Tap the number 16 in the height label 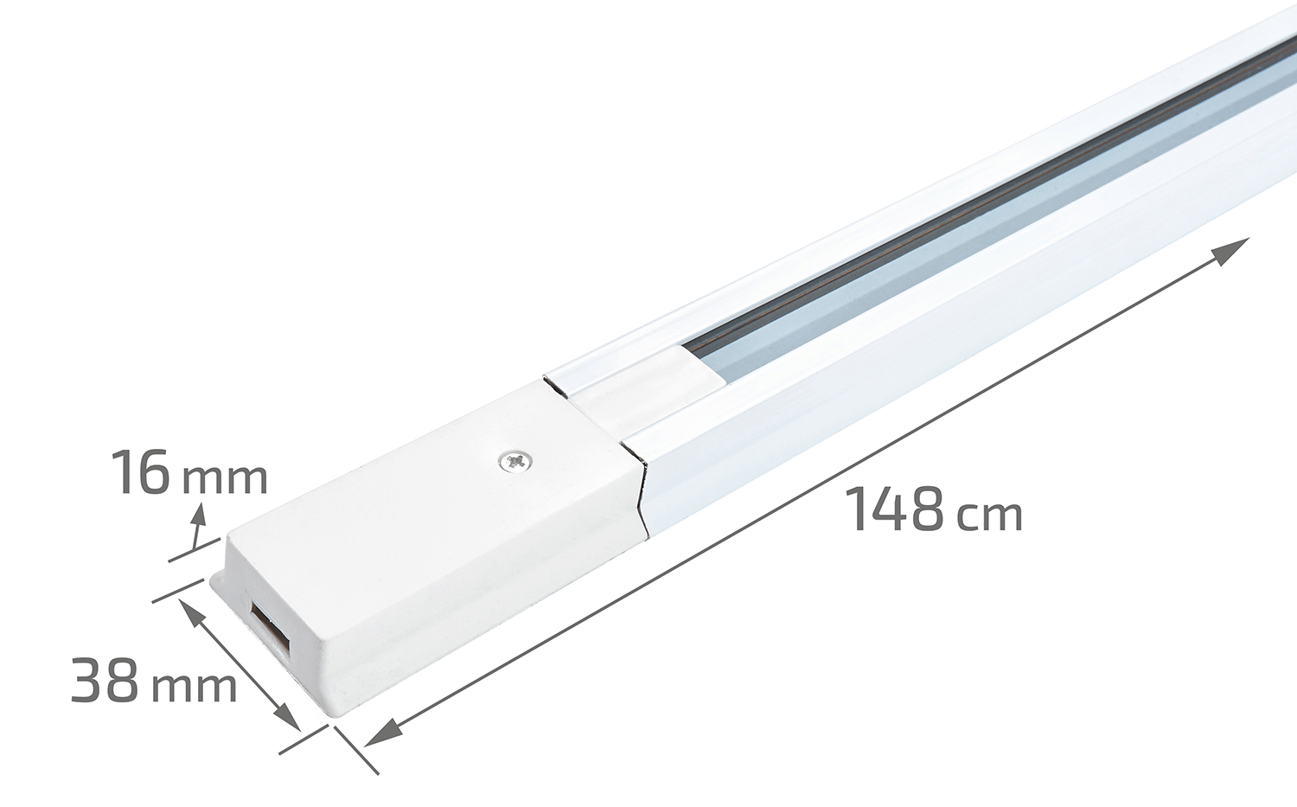point(141,472)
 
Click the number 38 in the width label point(105,679)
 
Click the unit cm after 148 point(989,516)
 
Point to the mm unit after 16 point(225,479)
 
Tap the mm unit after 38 point(194,687)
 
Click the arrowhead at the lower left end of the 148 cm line point(383,732)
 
